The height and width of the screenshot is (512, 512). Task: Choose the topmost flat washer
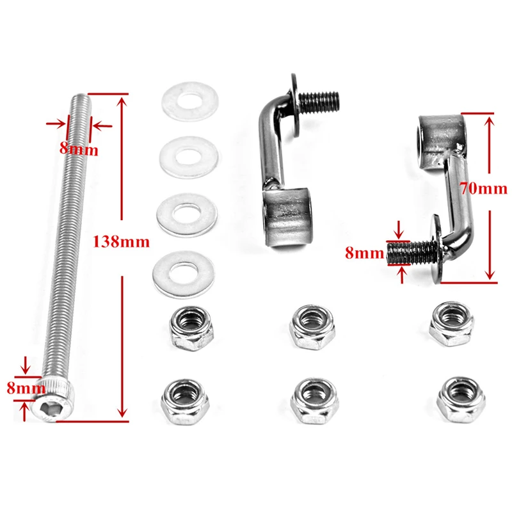tap(188, 102)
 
